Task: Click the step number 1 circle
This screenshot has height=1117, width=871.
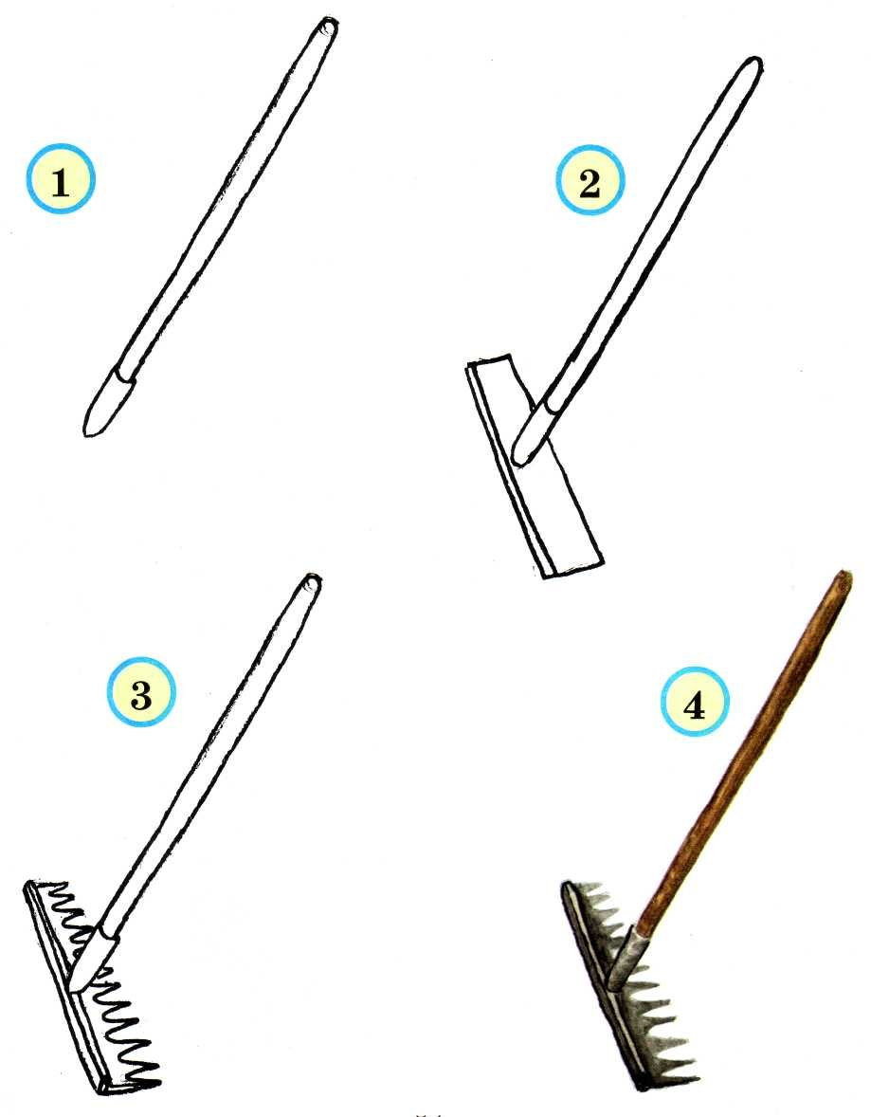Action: [x=61, y=179]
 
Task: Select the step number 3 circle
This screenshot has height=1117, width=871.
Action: [x=141, y=691]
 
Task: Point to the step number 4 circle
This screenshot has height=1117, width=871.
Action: [x=695, y=703]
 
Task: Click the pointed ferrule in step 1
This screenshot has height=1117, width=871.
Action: [x=107, y=402]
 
